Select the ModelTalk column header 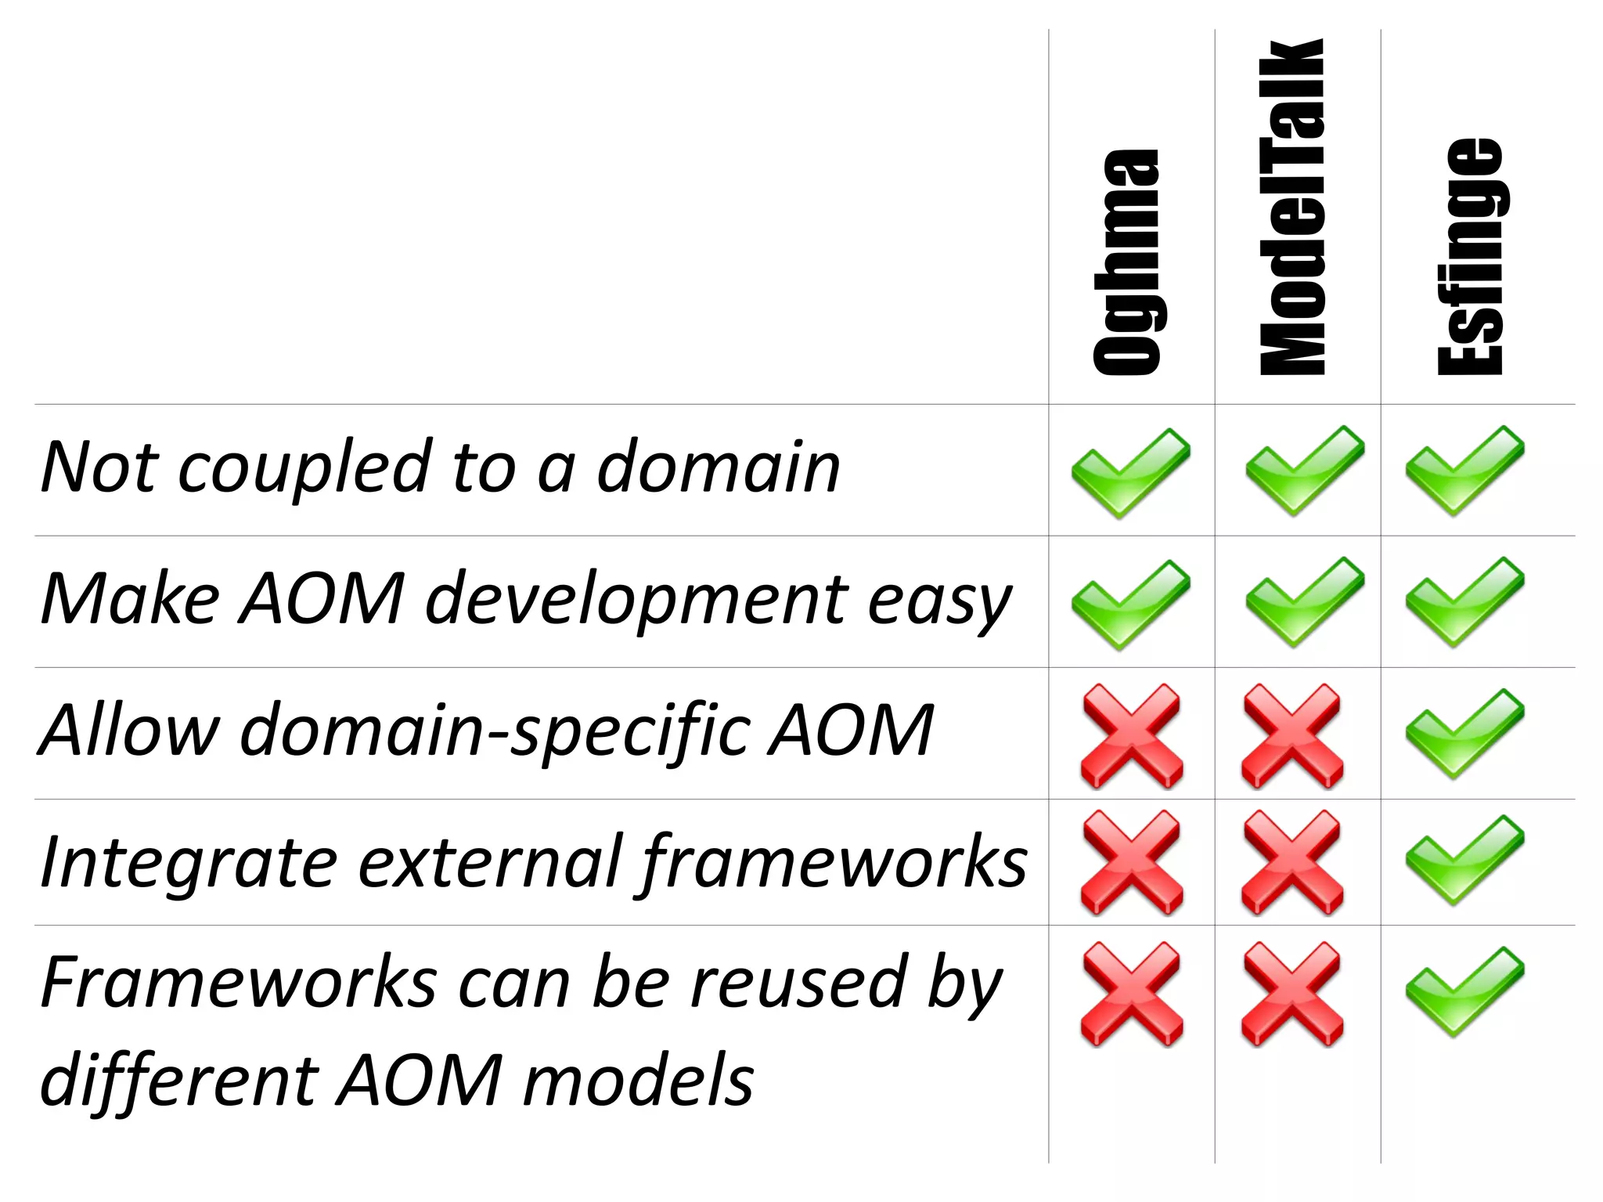tap(1292, 207)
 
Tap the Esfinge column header tap(1471, 257)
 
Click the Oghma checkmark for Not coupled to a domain tap(1130, 472)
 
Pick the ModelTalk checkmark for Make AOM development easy tap(1304, 601)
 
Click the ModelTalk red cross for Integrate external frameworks tap(1292, 862)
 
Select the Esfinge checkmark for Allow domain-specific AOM tap(1464, 733)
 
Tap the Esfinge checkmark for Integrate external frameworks tap(1464, 859)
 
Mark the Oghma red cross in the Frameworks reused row tap(1132, 994)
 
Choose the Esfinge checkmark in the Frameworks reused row tap(1464, 991)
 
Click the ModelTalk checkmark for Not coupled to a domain tap(1304, 470)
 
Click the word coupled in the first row tap(305, 468)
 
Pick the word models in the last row tap(638, 1081)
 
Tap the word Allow tap(129, 731)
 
